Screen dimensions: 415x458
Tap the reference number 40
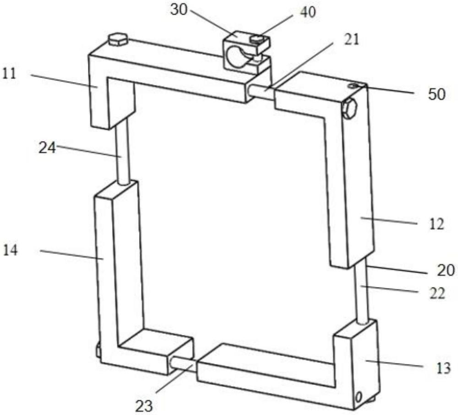tap(308, 12)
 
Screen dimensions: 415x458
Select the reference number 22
tap(437, 293)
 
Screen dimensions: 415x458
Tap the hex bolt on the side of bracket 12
tap(350, 109)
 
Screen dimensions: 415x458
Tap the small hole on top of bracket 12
tap(354, 84)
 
